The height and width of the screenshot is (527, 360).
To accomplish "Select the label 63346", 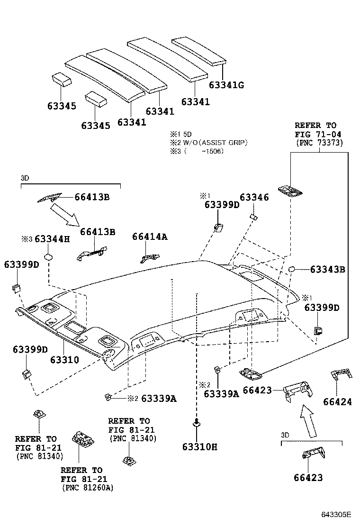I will (254, 197).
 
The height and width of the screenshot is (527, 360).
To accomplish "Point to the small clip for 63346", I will (253, 217).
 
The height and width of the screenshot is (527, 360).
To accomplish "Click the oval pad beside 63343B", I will (292, 269).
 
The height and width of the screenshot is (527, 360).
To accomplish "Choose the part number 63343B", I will (327, 270).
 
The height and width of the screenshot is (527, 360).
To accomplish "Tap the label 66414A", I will (150, 236).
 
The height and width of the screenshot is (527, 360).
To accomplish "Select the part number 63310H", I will (199, 446).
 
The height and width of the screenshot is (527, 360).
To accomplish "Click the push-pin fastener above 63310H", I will (196, 423).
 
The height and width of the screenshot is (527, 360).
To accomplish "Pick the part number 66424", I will (338, 402).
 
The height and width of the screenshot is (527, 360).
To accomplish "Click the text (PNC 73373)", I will (319, 142).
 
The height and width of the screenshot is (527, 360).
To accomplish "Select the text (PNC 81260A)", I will (88, 487).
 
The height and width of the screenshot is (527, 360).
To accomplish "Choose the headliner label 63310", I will (64, 360).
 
